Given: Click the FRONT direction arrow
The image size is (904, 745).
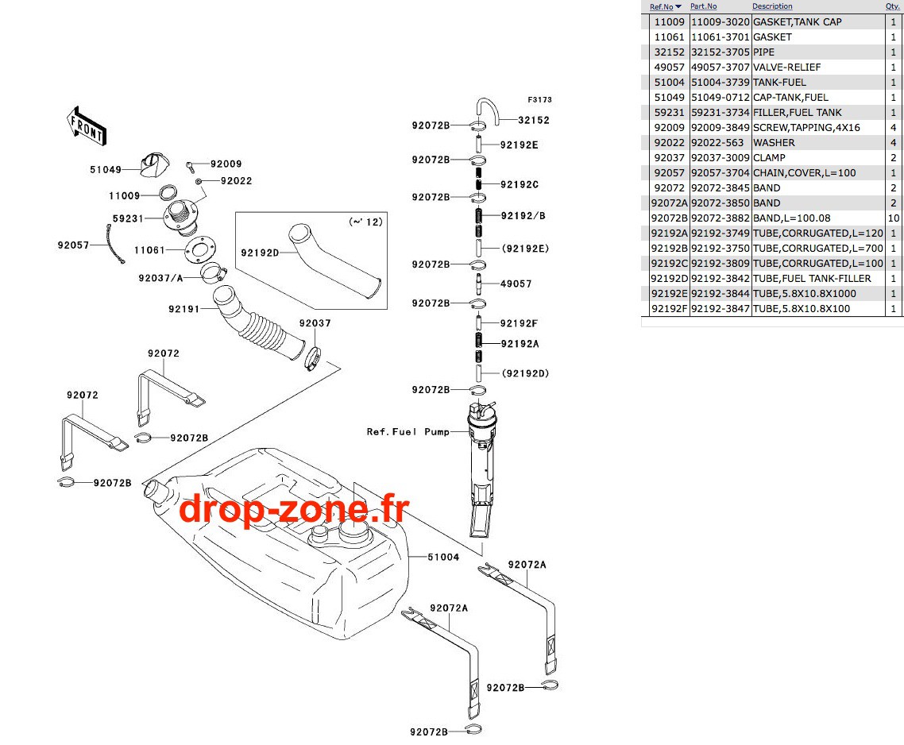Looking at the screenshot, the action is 87,126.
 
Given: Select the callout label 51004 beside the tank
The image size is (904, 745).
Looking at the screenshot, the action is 443,557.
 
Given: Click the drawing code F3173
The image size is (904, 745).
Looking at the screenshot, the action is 539,100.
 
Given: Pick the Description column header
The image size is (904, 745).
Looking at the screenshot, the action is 772,6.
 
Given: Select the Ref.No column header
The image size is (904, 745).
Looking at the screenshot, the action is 661,7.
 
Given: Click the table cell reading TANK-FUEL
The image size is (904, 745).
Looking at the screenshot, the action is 779,83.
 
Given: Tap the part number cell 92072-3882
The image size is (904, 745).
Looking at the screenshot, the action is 720,218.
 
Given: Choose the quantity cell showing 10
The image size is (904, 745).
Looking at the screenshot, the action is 894,218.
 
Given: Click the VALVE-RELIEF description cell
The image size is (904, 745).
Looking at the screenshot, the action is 786,67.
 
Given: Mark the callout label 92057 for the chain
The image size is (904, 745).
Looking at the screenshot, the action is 73,245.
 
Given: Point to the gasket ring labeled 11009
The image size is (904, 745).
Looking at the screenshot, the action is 168,191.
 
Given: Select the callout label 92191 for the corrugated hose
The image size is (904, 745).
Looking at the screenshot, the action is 184,309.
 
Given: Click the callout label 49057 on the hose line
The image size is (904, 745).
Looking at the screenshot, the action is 516,284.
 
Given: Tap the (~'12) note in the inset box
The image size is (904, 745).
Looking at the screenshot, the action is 365,222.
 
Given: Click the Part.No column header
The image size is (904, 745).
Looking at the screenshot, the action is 703,6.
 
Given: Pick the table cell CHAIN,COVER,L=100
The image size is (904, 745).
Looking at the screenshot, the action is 804,173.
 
